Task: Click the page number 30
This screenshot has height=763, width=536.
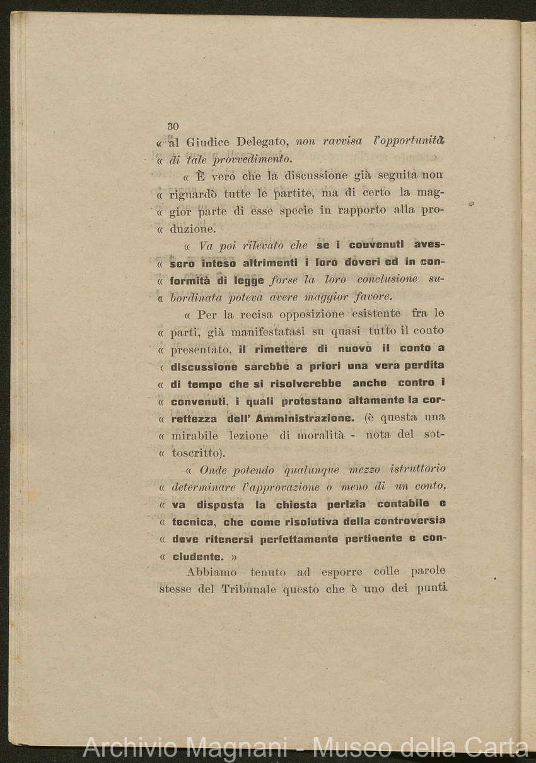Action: [x=173, y=126]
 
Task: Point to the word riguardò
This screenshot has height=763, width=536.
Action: [x=195, y=193]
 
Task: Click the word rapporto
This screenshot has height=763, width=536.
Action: [x=362, y=210]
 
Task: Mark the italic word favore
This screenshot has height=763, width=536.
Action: [x=373, y=296]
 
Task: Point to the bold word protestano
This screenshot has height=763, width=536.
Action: [x=312, y=401]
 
